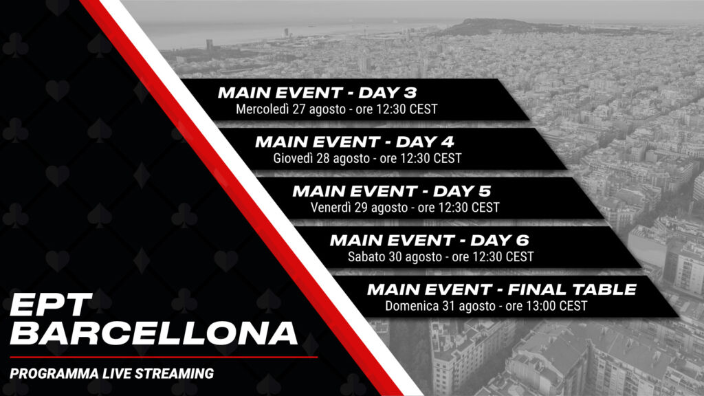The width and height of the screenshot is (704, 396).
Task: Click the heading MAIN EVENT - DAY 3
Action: (x=318, y=93)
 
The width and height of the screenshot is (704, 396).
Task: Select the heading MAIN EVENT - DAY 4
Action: (x=355, y=142)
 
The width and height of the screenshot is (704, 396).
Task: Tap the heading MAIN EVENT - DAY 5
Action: (x=392, y=191)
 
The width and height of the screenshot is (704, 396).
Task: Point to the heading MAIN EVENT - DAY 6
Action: (x=429, y=241)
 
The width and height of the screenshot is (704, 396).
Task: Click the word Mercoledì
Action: (x=262, y=109)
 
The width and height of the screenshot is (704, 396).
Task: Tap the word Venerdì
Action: (x=331, y=208)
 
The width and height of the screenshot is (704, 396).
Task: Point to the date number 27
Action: (x=299, y=109)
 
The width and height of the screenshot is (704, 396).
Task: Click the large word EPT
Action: (x=51, y=305)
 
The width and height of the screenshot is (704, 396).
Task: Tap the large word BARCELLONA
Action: (x=153, y=333)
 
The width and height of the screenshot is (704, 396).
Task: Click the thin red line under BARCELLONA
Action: (x=164, y=357)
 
